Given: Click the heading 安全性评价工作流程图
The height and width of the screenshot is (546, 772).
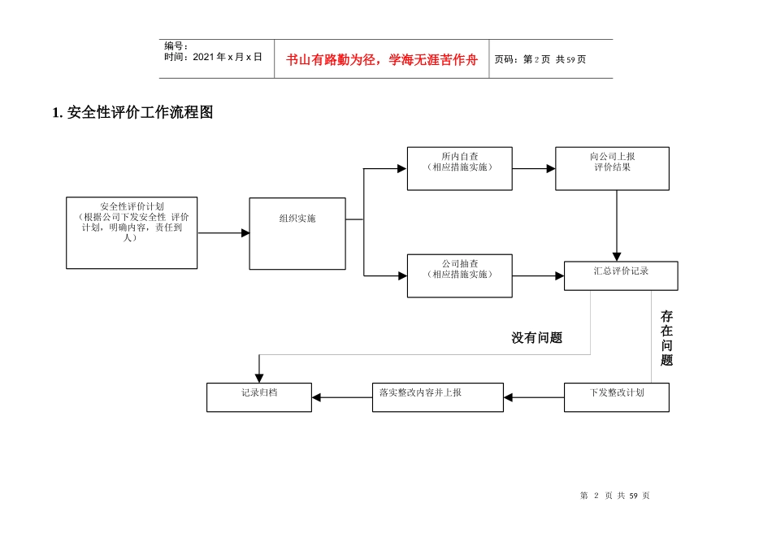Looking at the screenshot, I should (132, 113).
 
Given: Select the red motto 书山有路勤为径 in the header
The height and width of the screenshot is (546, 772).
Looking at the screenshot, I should (382, 60).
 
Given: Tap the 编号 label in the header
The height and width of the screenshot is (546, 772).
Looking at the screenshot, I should (176, 46).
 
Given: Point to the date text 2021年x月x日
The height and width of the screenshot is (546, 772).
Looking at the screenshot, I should (213, 57).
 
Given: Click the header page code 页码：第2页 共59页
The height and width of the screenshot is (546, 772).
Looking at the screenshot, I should (540, 59).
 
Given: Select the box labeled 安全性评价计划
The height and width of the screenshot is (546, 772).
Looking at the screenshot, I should (132, 232).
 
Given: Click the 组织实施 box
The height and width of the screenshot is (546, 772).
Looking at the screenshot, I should (297, 233).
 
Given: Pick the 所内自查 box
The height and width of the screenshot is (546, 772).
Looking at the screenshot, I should (459, 168).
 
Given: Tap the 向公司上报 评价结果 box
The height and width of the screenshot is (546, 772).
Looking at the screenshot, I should (612, 168).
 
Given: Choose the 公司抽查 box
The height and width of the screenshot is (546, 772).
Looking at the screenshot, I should (459, 275).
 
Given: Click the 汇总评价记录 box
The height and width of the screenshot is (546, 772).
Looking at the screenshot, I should (621, 275).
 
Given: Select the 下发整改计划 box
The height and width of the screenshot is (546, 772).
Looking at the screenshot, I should (617, 397).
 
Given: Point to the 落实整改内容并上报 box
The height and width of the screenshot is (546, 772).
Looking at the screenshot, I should (437, 397).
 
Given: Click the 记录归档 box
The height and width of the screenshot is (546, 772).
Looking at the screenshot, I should (258, 397).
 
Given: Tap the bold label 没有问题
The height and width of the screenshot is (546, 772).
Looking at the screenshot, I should (536, 338).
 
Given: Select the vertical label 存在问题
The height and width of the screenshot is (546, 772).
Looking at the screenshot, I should (666, 338).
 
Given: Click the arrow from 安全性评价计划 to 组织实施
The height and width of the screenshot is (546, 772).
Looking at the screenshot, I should (223, 233).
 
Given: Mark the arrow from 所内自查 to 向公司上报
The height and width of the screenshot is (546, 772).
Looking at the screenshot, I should (534, 169).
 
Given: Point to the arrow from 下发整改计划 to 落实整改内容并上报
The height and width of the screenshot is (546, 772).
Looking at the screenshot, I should (534, 397).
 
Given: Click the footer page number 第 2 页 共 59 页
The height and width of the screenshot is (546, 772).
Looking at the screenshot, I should (615, 496).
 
